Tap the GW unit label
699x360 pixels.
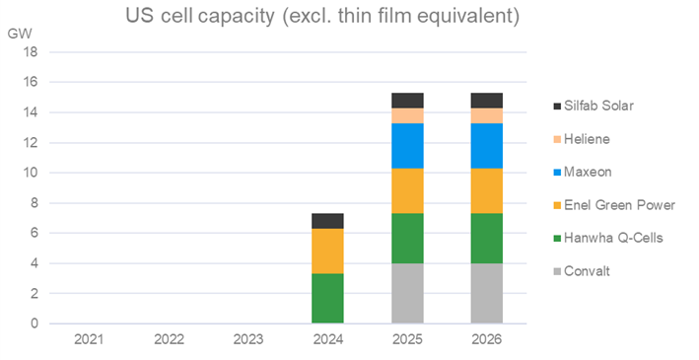pyautogui.click(x=20, y=33)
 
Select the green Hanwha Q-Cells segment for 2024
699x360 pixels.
pyautogui.click(x=327, y=298)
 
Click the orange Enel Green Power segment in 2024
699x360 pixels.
pyautogui.click(x=327, y=251)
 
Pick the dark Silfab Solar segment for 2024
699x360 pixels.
pyautogui.click(x=327, y=221)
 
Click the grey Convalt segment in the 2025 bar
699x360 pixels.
pyautogui.click(x=407, y=293)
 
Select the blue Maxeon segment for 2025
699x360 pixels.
pyautogui.click(x=407, y=146)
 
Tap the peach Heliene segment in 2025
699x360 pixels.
pyautogui.click(x=407, y=115)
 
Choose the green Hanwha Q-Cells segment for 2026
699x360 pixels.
pyautogui.click(x=487, y=238)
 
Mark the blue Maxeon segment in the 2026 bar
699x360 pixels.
pyautogui.click(x=487, y=146)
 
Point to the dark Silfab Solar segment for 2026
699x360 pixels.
pyautogui.click(x=487, y=100)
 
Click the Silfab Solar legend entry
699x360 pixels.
pyautogui.click(x=594, y=105)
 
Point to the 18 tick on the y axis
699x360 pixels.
pyautogui.click(x=33, y=51)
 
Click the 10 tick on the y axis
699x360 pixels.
pyautogui.click(x=33, y=173)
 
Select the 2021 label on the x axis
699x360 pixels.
pyautogui.click(x=89, y=339)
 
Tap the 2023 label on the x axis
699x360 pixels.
pyautogui.click(x=247, y=339)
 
